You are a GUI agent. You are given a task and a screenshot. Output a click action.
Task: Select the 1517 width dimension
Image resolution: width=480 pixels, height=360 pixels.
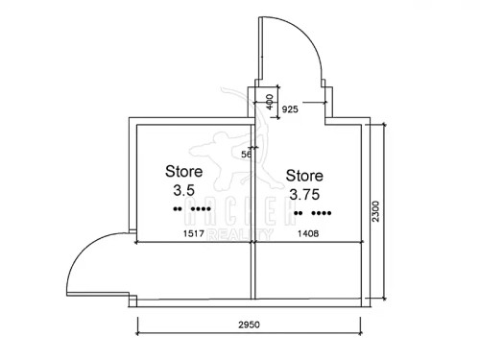click(194, 233)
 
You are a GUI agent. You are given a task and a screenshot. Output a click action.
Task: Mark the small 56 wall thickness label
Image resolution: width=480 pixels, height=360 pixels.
click(246, 154)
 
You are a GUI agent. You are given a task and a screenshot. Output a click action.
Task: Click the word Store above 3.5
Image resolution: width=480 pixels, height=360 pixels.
click(183, 170)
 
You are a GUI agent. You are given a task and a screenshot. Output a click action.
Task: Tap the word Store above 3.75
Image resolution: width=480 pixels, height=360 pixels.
click(305, 176)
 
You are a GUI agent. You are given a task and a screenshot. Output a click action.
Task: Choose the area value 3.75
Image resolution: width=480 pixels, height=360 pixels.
click(305, 194)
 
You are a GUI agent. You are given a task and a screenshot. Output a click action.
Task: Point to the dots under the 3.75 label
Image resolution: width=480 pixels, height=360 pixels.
click(313, 213)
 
